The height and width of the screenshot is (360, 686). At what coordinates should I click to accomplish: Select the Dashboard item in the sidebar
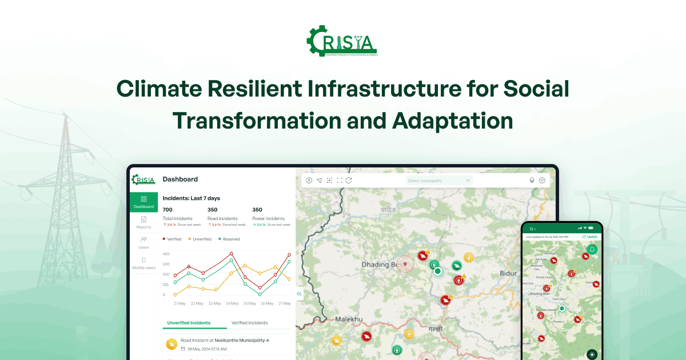pyautogui.click(x=143, y=202)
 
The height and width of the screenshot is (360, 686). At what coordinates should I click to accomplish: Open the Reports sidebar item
pyautogui.click(x=143, y=222)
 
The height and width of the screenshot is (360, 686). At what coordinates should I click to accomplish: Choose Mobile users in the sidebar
pyautogui.click(x=143, y=263)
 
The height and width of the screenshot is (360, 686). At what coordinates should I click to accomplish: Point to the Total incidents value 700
pyautogui.click(x=167, y=210)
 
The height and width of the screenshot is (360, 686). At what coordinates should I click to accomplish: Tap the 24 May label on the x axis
pyautogui.click(x=232, y=303)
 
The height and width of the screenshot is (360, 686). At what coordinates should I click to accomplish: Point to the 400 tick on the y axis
pyautogui.click(x=166, y=254)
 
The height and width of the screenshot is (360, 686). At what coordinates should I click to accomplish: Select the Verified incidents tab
pyautogui.click(x=249, y=323)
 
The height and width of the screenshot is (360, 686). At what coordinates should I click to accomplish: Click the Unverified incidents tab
pyautogui.click(x=189, y=323)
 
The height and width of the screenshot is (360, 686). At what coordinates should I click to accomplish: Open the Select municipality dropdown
pyautogui.click(x=439, y=181)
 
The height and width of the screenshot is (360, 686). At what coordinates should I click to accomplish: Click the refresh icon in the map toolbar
pyautogui.click(x=349, y=181)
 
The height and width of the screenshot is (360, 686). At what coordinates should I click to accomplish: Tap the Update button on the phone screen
pyautogui.click(x=589, y=237)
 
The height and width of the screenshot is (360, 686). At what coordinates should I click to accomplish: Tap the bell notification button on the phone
pyautogui.click(x=592, y=250)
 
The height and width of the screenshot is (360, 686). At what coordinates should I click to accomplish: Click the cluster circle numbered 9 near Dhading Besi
pyautogui.click(x=405, y=264)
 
